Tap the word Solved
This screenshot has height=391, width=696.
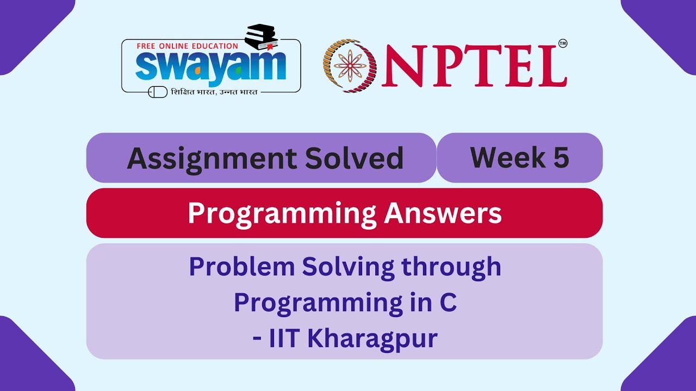click(x=354, y=159)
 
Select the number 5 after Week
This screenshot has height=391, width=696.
click(x=561, y=157)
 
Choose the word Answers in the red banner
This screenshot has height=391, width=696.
click(x=443, y=213)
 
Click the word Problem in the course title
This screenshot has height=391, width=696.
click(x=234, y=267)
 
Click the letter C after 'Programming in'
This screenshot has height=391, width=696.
click(x=448, y=303)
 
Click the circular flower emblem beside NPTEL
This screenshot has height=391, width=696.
click(x=350, y=66)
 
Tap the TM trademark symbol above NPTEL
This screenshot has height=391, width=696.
click(x=562, y=44)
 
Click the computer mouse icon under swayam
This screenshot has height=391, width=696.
click(x=158, y=92)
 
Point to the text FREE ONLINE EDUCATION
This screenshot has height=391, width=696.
click(x=187, y=46)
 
